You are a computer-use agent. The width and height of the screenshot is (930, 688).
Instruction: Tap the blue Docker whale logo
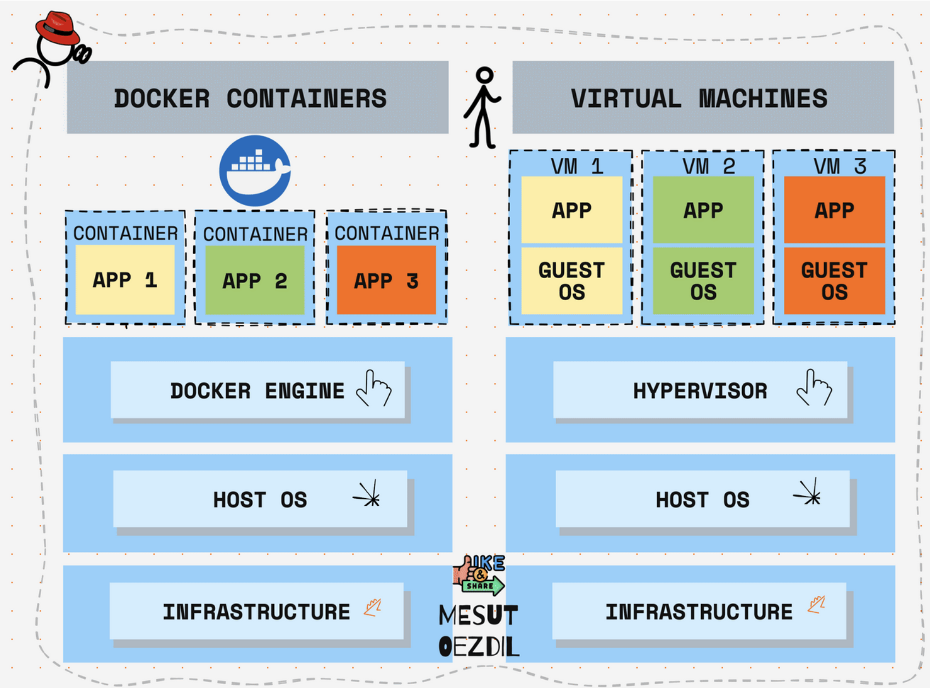(255, 171)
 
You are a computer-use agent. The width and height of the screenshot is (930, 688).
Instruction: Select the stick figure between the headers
(483, 108)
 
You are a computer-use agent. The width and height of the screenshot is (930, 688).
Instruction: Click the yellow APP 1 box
(125, 280)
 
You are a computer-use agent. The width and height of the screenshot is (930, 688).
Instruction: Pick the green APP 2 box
(255, 280)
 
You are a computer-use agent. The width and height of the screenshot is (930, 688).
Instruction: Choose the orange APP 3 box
(386, 280)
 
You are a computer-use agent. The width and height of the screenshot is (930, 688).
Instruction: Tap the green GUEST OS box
(703, 281)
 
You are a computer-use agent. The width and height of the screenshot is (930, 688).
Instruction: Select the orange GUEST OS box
(834, 281)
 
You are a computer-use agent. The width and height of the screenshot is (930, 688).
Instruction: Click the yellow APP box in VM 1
(572, 210)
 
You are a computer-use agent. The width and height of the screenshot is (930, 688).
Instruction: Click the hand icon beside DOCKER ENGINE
(374, 388)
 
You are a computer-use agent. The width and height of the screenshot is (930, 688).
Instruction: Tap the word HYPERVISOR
(700, 391)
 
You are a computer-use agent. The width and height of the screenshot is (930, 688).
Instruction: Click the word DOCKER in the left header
(162, 99)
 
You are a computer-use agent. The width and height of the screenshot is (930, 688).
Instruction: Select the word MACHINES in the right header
(763, 99)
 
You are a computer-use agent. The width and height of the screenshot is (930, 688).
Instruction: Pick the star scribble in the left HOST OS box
(368, 495)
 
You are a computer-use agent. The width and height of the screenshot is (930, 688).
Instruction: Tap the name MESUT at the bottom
(478, 616)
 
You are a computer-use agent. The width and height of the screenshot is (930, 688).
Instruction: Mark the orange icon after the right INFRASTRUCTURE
(816, 605)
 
